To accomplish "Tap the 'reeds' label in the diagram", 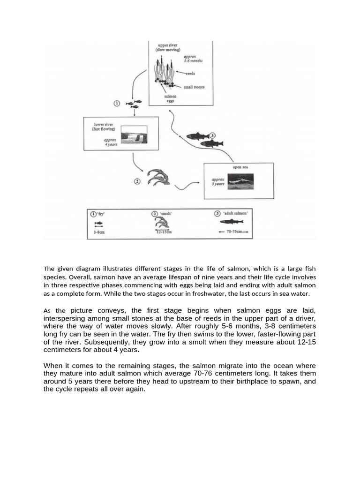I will pos(190,74).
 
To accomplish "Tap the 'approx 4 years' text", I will pos(111,142).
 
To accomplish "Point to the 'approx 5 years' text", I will pos(218,181).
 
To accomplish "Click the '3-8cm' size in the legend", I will pos(99,232).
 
